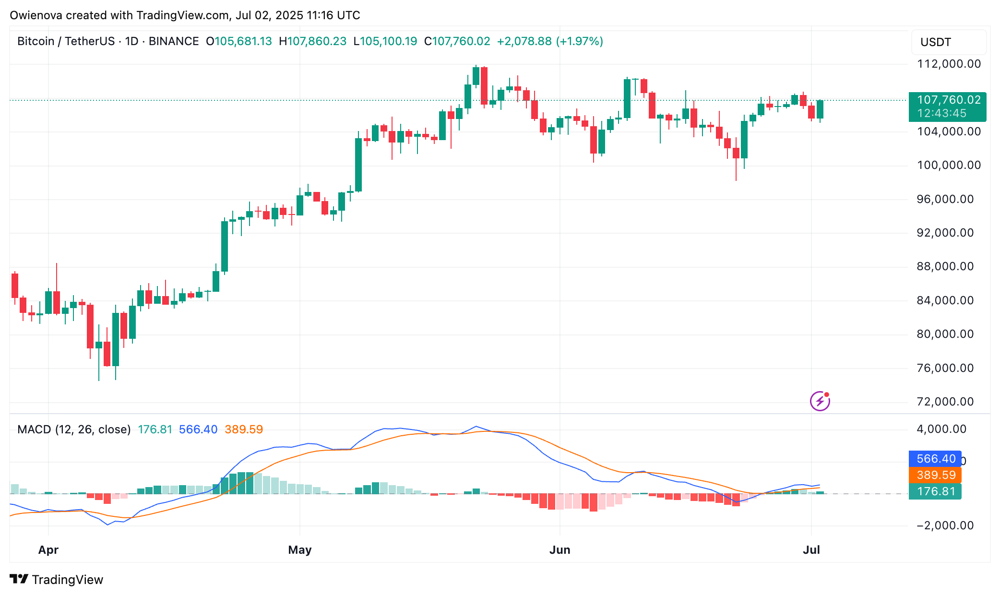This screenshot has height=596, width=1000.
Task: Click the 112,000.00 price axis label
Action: click(949, 64)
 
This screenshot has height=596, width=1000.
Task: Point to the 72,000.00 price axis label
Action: click(945, 402)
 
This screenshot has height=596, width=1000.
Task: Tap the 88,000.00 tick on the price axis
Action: click(945, 266)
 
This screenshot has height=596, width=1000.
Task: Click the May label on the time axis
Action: click(300, 550)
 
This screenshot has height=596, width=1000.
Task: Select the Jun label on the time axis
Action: click(560, 550)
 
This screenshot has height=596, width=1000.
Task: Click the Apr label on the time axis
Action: click(48, 550)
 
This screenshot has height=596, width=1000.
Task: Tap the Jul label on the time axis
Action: click(811, 550)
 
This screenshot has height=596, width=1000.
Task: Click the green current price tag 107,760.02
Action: click(948, 100)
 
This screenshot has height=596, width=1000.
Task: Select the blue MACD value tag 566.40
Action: click(935, 459)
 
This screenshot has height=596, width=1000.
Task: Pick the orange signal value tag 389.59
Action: click(935, 475)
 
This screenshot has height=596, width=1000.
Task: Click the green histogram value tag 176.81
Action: click(935, 491)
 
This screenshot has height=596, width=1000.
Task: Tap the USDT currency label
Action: click(935, 42)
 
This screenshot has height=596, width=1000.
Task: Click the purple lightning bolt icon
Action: click(820, 401)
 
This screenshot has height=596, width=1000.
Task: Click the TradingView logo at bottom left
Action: click(57, 580)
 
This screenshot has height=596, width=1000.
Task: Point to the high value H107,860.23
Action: click(313, 41)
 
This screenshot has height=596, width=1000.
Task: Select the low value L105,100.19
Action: click(385, 41)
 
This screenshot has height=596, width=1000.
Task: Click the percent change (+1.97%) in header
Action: click(579, 41)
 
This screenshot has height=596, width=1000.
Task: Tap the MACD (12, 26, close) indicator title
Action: click(74, 429)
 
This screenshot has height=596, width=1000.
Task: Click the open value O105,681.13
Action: click(239, 41)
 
